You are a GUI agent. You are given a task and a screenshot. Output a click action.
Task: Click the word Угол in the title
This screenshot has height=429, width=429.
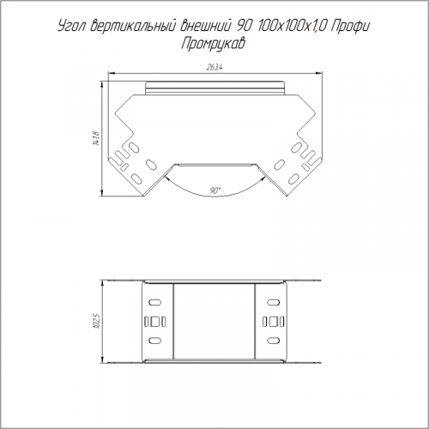click(x=71, y=27)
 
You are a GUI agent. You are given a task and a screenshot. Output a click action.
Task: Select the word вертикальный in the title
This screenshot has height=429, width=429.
click(x=130, y=27)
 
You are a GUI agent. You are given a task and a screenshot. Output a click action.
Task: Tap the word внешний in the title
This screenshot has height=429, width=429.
click(x=203, y=27)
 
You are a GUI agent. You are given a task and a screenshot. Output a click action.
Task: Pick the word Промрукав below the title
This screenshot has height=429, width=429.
click(x=213, y=45)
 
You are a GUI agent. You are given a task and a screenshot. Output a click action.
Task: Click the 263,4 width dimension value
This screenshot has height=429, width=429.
click(x=214, y=68)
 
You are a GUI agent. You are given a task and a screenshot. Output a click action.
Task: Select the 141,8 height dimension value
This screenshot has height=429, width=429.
click(x=96, y=138)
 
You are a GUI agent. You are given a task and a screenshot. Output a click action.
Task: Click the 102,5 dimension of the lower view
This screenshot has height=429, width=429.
click(x=96, y=321)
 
